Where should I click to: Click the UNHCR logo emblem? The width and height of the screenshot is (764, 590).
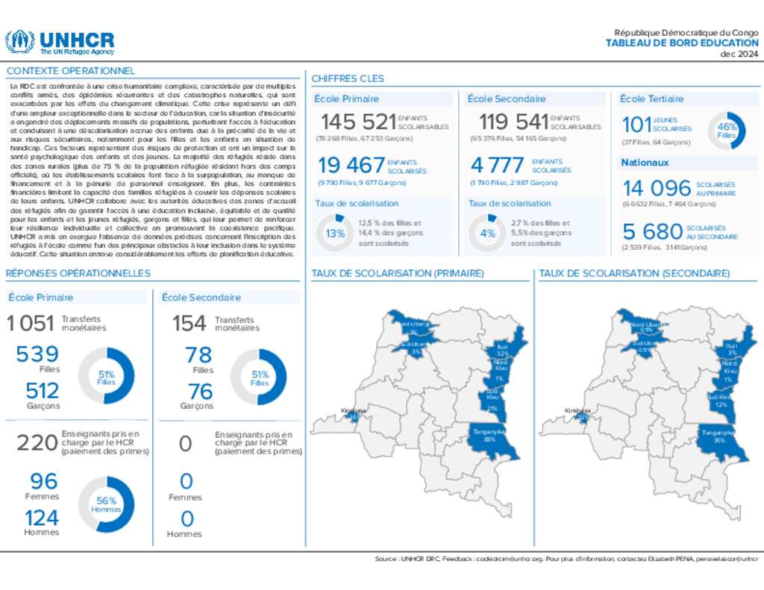tap(19, 42)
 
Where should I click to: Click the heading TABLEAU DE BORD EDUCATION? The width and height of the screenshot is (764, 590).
tap(682, 43)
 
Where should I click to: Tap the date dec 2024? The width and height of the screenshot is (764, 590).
tap(739, 54)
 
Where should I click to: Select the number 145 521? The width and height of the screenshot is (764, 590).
tap(358, 122)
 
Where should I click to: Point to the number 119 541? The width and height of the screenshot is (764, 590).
tap(513, 122)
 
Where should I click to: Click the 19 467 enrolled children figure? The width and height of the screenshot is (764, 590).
tap(351, 165)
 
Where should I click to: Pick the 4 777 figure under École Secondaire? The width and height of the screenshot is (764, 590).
tap(498, 165)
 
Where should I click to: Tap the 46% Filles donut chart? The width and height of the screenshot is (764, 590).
tap(726, 131)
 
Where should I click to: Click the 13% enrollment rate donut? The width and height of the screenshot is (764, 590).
tap(335, 233)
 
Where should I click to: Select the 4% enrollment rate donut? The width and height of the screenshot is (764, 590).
tap(487, 233)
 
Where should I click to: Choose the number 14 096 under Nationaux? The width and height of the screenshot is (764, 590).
tap(657, 188)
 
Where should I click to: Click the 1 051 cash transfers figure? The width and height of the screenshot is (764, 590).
tap(31, 324)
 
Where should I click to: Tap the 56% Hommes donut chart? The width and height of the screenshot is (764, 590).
tap(106, 505)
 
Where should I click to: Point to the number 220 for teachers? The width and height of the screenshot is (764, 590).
tap(37, 443)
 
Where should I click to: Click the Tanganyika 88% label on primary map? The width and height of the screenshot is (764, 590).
tap(489, 435)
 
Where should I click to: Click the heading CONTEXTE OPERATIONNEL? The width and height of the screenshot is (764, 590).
tap(71, 71)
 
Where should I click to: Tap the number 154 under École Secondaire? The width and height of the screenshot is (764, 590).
tap(190, 324)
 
